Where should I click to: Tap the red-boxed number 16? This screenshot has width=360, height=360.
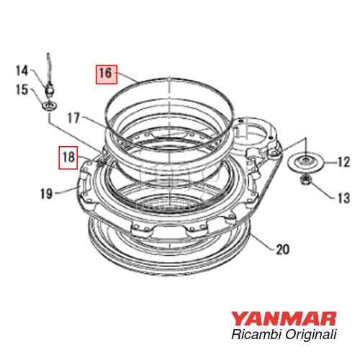(105, 72)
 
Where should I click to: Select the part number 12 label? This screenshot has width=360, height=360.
(343, 163)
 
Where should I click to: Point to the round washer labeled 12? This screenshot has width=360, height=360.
(305, 161)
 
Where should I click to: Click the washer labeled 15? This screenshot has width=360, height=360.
(48, 106)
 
